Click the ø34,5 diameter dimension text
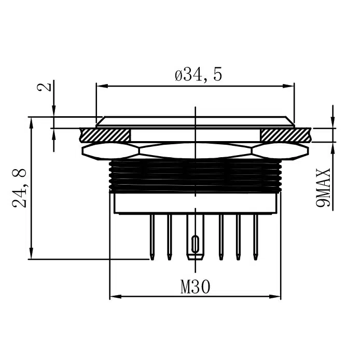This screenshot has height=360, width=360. point(199,75)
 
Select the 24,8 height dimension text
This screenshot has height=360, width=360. point(20,187)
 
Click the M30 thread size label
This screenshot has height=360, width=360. point(195,287)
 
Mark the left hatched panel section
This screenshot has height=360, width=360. point(105,134)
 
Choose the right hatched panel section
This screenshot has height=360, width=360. point(285,134)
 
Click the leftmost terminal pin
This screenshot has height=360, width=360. point(151,236)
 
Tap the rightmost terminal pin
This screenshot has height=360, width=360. point(255,236)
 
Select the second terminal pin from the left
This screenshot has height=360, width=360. point(169,236)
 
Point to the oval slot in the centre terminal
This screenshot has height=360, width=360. point(195,243)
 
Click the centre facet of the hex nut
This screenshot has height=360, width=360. point(195,150)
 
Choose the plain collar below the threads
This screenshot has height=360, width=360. point(195,203)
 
